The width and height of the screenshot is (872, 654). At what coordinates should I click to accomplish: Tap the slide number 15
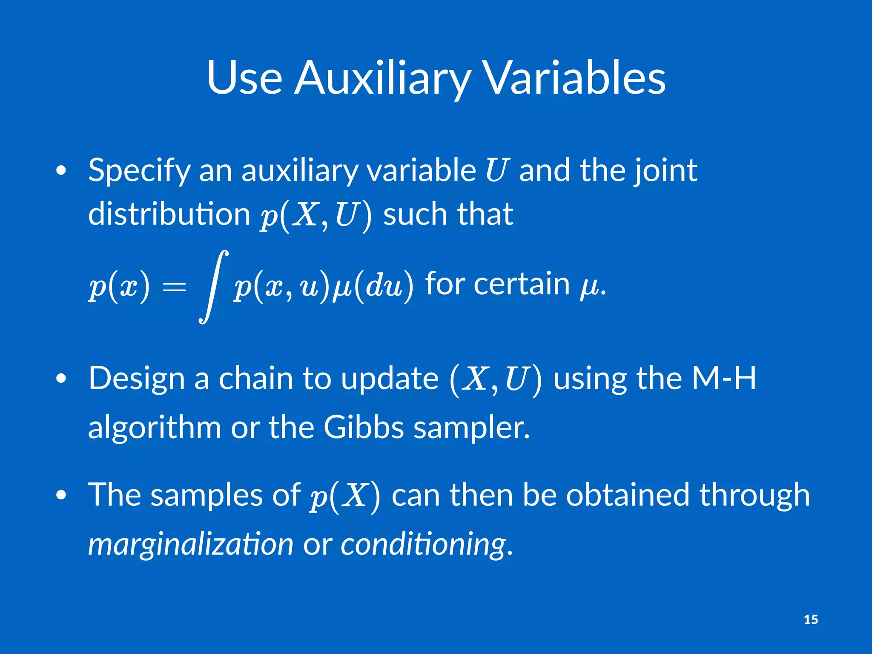pyautogui.click(x=811, y=620)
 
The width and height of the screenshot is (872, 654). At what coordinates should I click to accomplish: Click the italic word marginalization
pyautogui.click(x=190, y=544)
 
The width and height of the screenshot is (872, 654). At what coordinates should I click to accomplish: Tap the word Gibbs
pyautogui.click(x=364, y=427)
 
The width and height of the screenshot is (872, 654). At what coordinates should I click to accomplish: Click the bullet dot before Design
pyautogui.click(x=61, y=379)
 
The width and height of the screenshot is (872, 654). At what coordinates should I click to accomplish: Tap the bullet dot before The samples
pyautogui.click(x=61, y=495)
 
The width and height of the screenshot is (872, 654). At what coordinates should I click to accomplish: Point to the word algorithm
pyautogui.click(x=154, y=427)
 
